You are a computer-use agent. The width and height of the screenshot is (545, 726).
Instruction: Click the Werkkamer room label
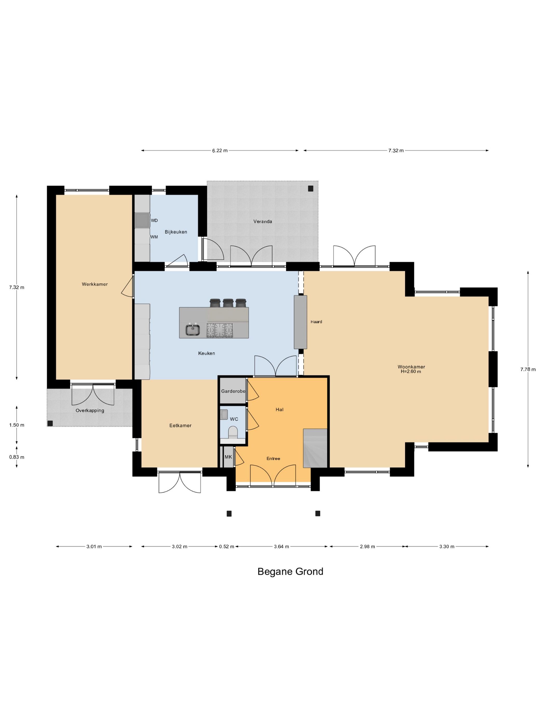(x=95, y=284)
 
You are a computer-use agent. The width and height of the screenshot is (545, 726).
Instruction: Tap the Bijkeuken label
(x=176, y=232)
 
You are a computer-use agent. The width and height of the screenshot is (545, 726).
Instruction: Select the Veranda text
(x=262, y=221)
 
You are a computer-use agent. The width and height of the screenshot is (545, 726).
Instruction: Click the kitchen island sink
(x=193, y=330)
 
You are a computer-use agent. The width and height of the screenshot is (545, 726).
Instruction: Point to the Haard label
(x=316, y=322)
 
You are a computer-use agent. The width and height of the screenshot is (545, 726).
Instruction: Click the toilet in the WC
(x=233, y=432)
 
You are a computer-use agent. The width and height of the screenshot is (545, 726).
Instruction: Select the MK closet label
(x=228, y=457)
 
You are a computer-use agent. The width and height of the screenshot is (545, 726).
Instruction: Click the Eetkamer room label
(x=180, y=425)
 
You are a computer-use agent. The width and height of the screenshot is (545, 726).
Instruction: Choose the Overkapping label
(x=90, y=411)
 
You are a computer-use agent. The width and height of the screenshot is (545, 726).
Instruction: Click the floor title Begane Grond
(x=290, y=571)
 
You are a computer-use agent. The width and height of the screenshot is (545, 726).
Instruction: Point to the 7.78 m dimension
(x=528, y=369)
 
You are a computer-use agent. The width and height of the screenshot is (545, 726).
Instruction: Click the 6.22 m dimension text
(x=220, y=151)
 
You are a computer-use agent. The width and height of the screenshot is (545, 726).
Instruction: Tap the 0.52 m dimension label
(x=227, y=547)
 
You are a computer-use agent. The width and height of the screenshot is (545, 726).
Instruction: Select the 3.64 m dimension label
(x=282, y=547)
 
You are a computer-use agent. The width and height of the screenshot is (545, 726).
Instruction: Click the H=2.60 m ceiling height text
(x=411, y=372)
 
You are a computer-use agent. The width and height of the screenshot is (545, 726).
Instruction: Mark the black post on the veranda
(x=310, y=189)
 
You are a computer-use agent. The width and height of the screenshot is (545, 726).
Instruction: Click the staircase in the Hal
(x=315, y=448)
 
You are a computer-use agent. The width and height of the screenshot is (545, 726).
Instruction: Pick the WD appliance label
(x=154, y=221)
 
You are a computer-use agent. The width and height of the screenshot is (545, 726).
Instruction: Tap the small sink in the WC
(x=224, y=415)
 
